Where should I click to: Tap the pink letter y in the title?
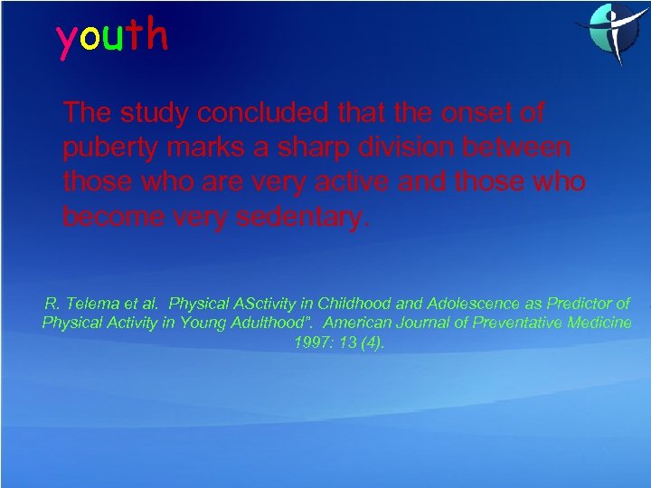67,40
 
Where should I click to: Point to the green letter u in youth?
113,38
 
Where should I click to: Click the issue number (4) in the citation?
371,343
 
